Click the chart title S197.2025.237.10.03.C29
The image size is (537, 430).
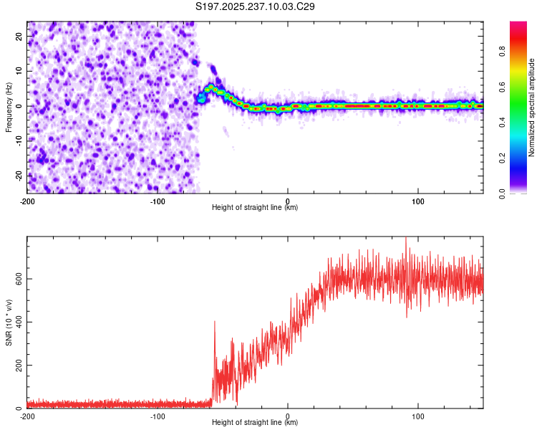pos(255,6)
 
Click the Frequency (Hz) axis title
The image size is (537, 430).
pos(9,107)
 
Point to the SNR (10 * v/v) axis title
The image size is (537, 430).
pos(9,322)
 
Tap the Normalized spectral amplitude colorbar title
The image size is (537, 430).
pos(531,107)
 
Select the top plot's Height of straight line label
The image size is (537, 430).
pos(255,207)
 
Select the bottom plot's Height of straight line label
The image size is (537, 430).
pos(255,422)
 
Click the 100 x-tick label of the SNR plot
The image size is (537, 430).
pos(418,416)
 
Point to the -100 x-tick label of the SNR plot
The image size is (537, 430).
pos(158,416)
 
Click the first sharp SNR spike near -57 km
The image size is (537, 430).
pos(214,322)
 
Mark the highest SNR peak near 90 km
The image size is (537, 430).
pos(406,239)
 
